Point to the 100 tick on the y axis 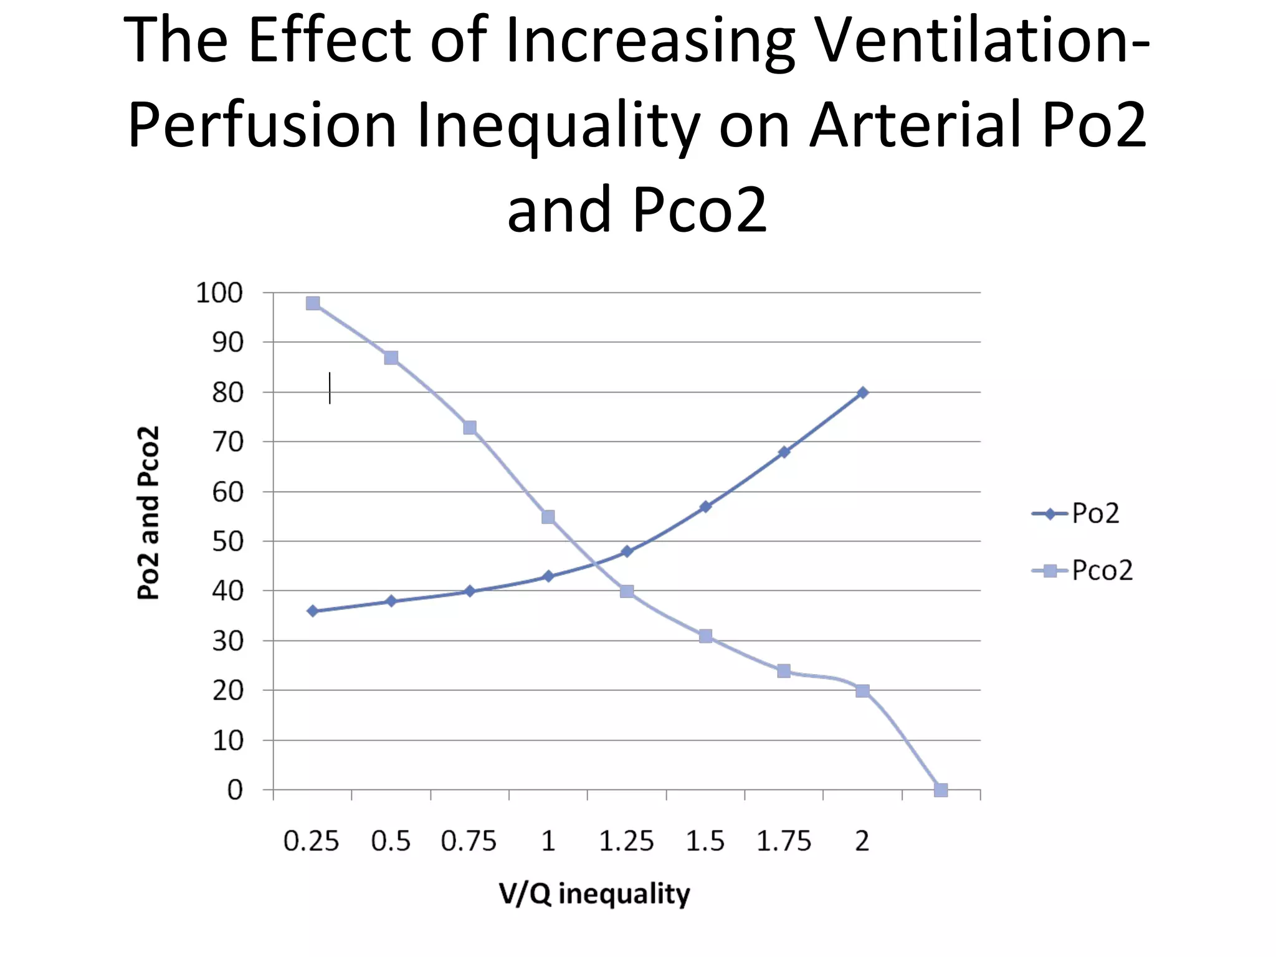coord(219,293)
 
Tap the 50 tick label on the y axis coord(227,541)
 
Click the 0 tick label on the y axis coord(235,790)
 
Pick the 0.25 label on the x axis coord(311,842)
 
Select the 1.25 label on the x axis coord(626,842)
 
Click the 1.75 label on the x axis coord(784,842)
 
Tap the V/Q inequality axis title coord(594,894)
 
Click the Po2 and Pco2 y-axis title coord(148,513)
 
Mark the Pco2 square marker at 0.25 coord(313,303)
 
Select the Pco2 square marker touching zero coord(941,790)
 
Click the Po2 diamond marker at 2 coord(862,393)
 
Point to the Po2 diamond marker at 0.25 coord(313,611)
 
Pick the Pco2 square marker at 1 coord(548,517)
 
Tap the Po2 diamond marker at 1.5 coord(705,507)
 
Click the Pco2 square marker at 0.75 coord(470,427)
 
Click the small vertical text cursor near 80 coord(330,388)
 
